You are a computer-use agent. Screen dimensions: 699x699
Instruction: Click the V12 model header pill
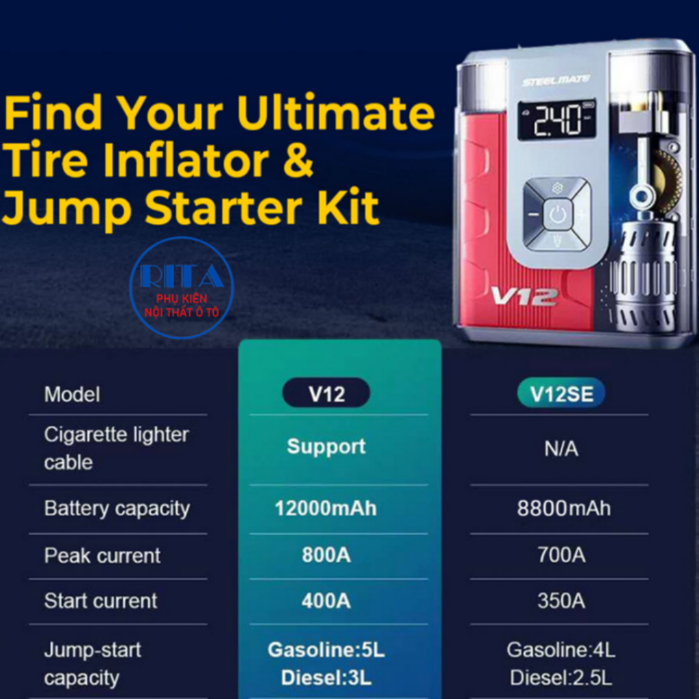pyautogui.click(x=326, y=393)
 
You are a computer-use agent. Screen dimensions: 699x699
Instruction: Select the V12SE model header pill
pyautogui.click(x=561, y=393)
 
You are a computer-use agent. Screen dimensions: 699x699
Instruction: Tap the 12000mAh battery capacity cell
pyautogui.click(x=326, y=508)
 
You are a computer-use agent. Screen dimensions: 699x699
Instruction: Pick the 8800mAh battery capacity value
pyautogui.click(x=564, y=508)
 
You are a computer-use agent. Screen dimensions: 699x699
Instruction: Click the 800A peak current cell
pyautogui.click(x=326, y=555)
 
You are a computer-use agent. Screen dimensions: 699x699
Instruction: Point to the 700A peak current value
pyautogui.click(x=561, y=555)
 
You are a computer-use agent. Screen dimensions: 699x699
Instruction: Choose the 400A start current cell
pyautogui.click(x=326, y=601)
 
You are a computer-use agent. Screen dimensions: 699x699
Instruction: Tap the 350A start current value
pyautogui.click(x=561, y=601)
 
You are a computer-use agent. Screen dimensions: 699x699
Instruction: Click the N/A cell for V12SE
pyautogui.click(x=561, y=448)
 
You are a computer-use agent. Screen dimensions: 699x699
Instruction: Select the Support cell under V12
pyautogui.click(x=326, y=446)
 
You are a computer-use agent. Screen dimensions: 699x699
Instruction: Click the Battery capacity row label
pyautogui.click(x=117, y=509)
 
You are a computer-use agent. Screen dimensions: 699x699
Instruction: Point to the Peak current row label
pyautogui.click(x=102, y=556)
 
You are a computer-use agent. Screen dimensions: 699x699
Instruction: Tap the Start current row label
pyautogui.click(x=100, y=601)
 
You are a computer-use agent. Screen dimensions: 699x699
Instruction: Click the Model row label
pyautogui.click(x=72, y=395)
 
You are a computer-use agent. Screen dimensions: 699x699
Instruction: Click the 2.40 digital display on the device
pyautogui.click(x=557, y=119)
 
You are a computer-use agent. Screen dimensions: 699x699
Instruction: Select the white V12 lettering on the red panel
pyautogui.click(x=524, y=297)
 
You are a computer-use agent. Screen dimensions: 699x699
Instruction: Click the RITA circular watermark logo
pyautogui.click(x=182, y=288)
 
